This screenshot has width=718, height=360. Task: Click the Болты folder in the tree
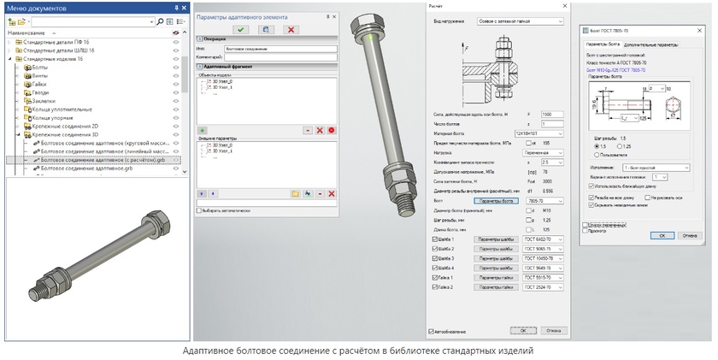click(40, 68)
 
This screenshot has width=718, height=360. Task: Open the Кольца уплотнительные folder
click(62, 109)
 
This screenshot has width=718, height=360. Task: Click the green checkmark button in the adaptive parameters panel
click(242, 29)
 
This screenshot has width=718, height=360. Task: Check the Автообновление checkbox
click(430, 330)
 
